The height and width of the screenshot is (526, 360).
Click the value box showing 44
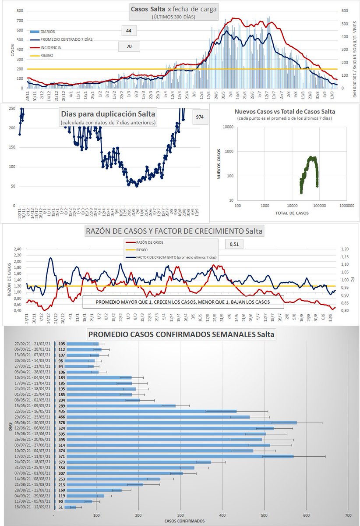[x=129, y=31]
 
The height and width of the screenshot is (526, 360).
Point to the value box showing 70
[x=129, y=46]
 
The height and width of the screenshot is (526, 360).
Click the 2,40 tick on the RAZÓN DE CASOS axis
[x=17, y=249]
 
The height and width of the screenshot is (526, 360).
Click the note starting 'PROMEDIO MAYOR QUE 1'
[x=183, y=302]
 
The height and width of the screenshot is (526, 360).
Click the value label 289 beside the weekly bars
[x=62, y=405]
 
